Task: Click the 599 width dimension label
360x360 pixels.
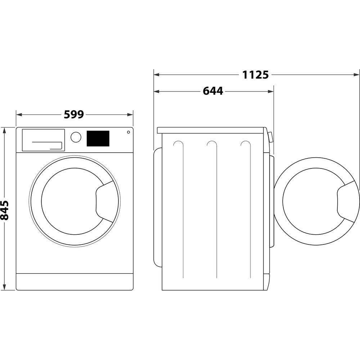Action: point(74,114)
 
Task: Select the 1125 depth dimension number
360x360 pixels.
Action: point(255,75)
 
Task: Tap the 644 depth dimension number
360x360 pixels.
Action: point(213,91)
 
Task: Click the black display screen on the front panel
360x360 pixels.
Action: point(98,139)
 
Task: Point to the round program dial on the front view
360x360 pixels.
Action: point(76,137)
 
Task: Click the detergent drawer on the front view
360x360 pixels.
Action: point(43,140)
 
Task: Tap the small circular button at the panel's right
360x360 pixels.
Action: point(128,132)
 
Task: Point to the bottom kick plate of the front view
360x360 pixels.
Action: point(75,282)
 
